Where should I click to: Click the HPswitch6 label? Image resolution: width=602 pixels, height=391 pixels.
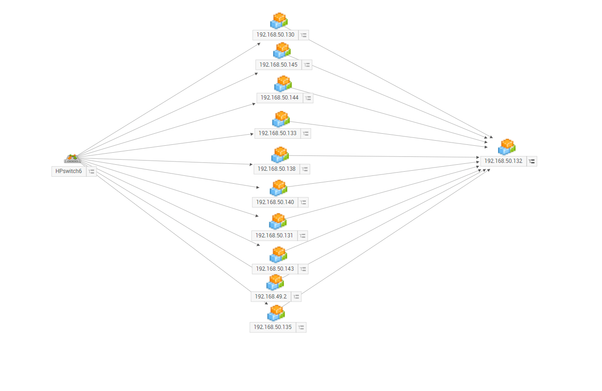(68, 171)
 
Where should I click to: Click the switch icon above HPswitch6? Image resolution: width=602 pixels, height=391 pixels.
(72, 159)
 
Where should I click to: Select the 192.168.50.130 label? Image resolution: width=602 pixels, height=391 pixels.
(275, 35)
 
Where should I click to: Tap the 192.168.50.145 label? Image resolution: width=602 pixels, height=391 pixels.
(278, 65)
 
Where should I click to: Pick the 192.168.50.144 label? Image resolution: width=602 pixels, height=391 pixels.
(280, 98)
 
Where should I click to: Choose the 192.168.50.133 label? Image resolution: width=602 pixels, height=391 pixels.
(277, 133)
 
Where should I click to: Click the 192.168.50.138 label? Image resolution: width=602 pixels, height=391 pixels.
(276, 169)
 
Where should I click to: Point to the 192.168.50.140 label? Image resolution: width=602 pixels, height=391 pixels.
(275, 202)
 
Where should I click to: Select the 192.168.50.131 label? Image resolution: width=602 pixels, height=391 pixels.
(274, 236)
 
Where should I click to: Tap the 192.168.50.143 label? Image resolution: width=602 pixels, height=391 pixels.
(274, 269)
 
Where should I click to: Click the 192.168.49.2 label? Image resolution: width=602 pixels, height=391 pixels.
(271, 297)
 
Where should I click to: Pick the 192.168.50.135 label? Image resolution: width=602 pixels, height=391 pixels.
(273, 327)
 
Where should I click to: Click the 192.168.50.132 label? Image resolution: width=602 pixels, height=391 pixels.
(503, 161)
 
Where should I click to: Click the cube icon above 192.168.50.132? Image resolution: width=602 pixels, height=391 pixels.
(506, 147)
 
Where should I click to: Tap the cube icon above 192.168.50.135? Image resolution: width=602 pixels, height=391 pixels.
(276, 313)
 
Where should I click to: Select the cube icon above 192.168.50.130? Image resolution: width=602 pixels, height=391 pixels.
(279, 21)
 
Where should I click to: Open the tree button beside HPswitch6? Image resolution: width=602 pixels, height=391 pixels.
(91, 171)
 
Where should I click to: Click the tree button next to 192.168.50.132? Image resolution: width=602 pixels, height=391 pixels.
(532, 161)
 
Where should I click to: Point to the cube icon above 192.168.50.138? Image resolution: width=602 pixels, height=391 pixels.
(280, 155)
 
